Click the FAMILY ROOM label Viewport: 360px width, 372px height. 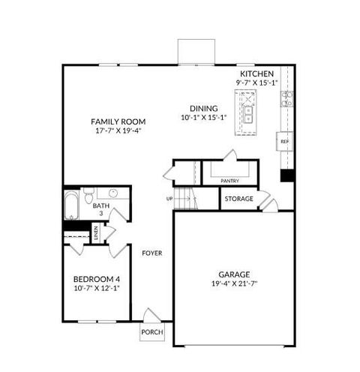pyautogui.click(x=118, y=121)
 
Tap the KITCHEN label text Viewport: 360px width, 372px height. pyautogui.click(x=256, y=74)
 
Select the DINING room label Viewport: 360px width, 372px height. pyautogui.click(x=193, y=107)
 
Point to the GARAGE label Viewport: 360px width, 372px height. pyautogui.click(x=235, y=274)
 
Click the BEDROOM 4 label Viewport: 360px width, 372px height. pyautogui.click(x=96, y=280)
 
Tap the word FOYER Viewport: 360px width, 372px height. pyautogui.click(x=152, y=253)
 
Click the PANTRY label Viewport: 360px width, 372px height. pyautogui.click(x=229, y=181)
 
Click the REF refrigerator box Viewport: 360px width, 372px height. pyautogui.click(x=285, y=141)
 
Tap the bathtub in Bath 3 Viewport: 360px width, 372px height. pyautogui.click(x=70, y=204)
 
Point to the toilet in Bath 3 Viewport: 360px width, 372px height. pyautogui.click(x=88, y=198)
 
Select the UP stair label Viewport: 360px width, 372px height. pyautogui.click(x=169, y=198)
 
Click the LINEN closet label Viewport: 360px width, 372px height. pyautogui.click(x=96, y=234)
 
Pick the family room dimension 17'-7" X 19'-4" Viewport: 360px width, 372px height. pyautogui.click(x=118, y=130)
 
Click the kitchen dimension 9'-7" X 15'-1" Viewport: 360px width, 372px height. pyautogui.click(x=256, y=83)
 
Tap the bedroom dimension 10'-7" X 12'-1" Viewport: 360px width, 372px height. pyautogui.click(x=96, y=289)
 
